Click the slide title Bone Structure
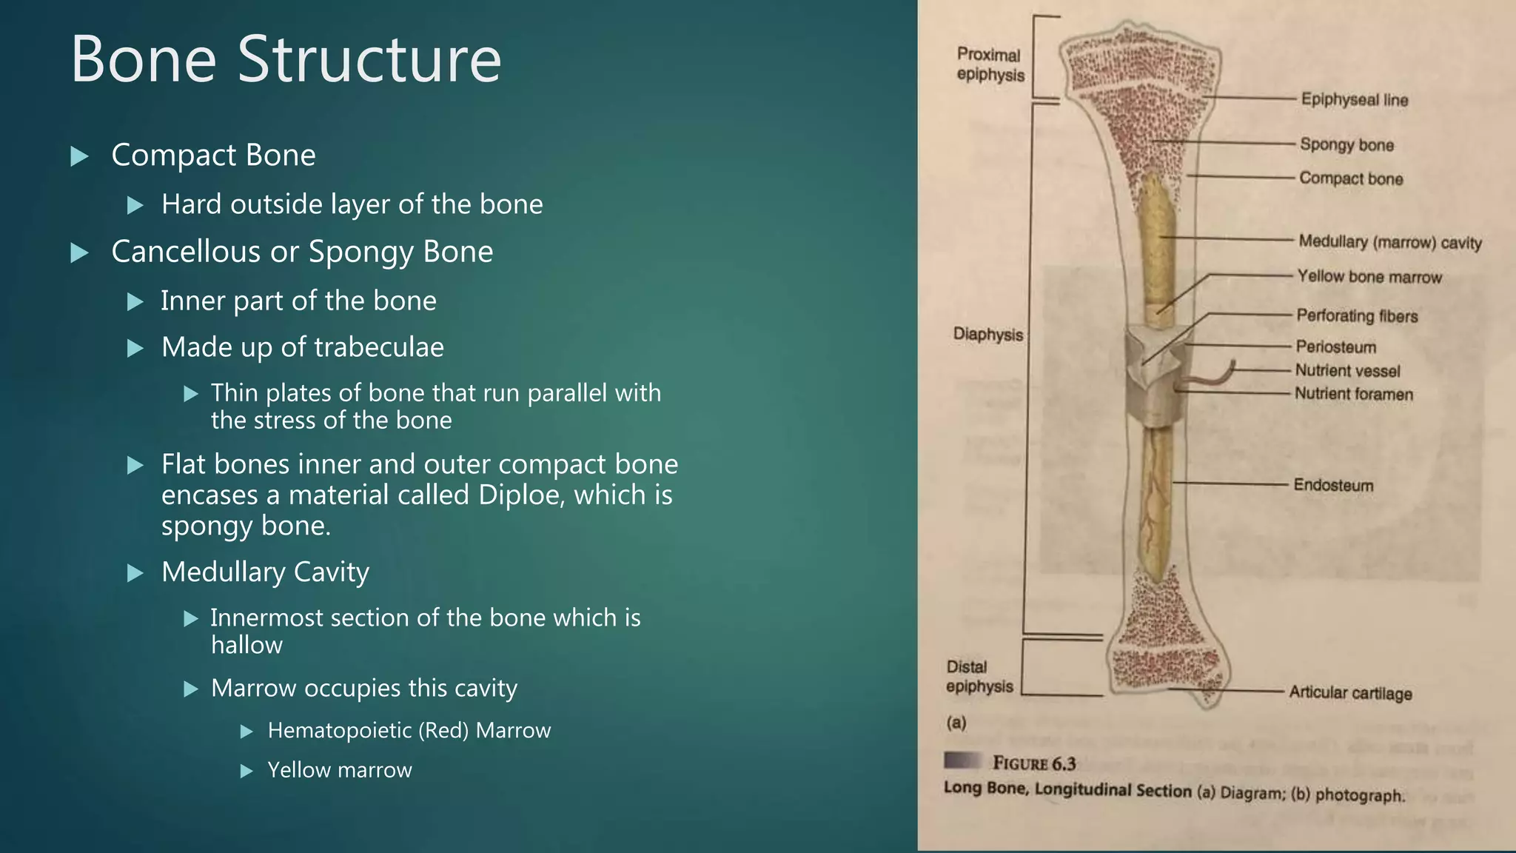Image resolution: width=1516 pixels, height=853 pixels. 286,59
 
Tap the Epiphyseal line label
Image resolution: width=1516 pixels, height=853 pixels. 1354,100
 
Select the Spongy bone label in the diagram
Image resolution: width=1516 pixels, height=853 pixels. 1346,145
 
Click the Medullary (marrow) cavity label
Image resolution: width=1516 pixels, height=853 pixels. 1389,242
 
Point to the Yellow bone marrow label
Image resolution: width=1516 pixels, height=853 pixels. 1369,277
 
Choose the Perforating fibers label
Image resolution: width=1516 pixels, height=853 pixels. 1356,316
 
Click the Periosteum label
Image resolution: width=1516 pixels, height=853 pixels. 1335,347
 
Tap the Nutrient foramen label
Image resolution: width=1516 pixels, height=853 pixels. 1353,395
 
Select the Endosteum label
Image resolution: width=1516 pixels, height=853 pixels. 1333,486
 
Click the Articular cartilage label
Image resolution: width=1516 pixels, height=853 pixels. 1350,693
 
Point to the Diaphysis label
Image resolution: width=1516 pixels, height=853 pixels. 987,334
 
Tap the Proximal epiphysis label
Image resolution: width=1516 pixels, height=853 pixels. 990,64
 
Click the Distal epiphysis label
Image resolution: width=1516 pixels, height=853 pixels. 979,677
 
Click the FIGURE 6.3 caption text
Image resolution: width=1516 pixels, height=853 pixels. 1033,763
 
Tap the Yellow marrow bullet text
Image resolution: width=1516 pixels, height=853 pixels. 339,770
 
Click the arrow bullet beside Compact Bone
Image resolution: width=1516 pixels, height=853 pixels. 79,156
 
